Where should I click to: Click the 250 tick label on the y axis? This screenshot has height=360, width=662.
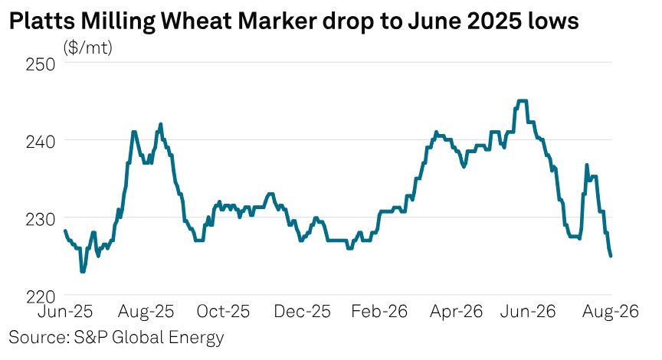coord(41,64)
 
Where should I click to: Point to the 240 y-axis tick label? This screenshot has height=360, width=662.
coord(41,142)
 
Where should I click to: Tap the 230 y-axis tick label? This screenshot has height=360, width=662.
coord(41,220)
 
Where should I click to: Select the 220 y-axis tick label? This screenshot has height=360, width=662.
coord(41,296)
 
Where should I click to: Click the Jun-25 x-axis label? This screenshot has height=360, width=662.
coord(65,312)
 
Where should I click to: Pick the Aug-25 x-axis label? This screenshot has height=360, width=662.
coord(146,312)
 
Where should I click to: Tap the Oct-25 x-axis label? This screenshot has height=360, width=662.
coord(223,312)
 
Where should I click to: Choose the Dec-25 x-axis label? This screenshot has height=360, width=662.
coord(302,312)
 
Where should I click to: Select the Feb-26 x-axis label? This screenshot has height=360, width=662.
coord(379,312)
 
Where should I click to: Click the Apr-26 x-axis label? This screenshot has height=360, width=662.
coord(456,312)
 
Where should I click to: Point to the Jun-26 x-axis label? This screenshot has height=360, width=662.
coord(528,312)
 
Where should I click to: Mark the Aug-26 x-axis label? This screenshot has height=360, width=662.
coord(611,312)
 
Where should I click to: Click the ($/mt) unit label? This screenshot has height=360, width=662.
coord(88,47)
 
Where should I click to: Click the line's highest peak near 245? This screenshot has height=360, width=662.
coord(522,100)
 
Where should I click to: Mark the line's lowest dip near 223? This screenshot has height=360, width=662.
coord(82,271)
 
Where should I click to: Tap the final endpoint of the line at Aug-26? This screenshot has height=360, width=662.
coord(611,256)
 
